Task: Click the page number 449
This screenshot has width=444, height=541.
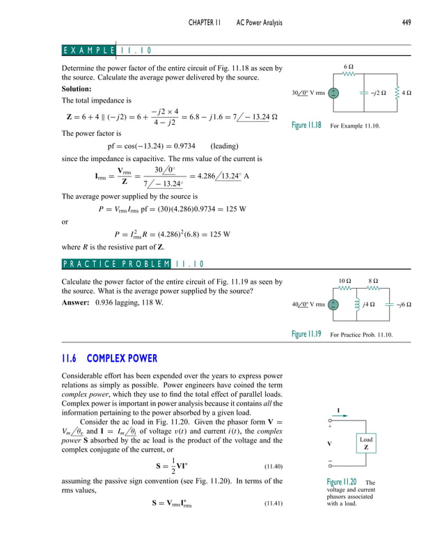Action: click(x=406, y=23)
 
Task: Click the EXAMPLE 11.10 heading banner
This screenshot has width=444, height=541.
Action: click(x=107, y=50)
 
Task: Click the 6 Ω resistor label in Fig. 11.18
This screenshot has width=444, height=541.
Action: click(x=350, y=65)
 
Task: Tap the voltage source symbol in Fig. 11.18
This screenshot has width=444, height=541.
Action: click(x=333, y=93)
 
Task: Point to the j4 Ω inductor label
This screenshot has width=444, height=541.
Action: click(x=368, y=305)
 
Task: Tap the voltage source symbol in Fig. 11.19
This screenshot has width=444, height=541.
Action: click(x=333, y=305)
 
